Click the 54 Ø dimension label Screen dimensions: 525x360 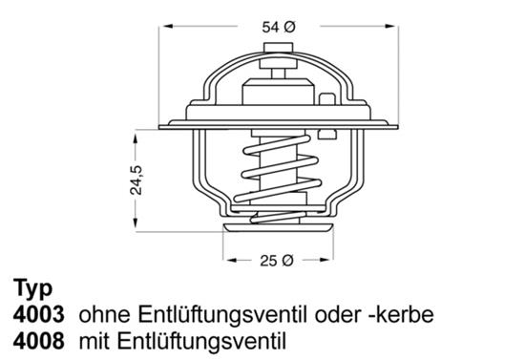click(279, 27)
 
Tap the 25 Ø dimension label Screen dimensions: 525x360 click(277, 261)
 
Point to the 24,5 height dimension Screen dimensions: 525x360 click(136, 180)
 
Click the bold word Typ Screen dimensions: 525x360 click(32, 288)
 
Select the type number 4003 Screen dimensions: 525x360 click(38, 315)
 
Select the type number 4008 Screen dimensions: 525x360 click(38, 341)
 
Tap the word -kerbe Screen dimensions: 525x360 click(401, 315)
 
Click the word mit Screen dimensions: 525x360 click(95, 341)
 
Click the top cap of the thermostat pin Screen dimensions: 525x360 click(278, 48)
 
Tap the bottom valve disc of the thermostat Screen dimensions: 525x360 click(278, 228)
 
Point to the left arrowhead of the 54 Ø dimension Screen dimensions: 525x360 click(167, 26)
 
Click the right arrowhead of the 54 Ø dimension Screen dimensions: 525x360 click(390, 26)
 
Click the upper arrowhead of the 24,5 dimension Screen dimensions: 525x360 click(136, 138)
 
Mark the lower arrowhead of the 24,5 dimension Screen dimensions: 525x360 click(136, 223)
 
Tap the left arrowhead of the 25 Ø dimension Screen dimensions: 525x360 click(232, 260)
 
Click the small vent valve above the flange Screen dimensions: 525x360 click(327, 98)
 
